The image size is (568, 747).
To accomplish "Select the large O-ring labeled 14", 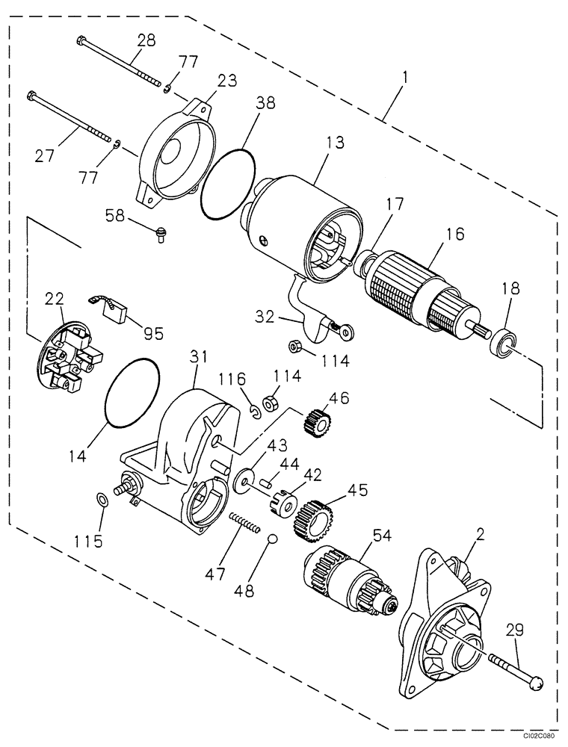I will click(x=132, y=392).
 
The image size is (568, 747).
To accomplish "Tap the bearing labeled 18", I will click(x=502, y=343).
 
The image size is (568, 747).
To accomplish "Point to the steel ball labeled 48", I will click(x=273, y=541).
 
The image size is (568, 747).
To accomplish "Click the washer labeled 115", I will click(x=103, y=498).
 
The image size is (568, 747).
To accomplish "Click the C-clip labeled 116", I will click(x=256, y=410).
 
